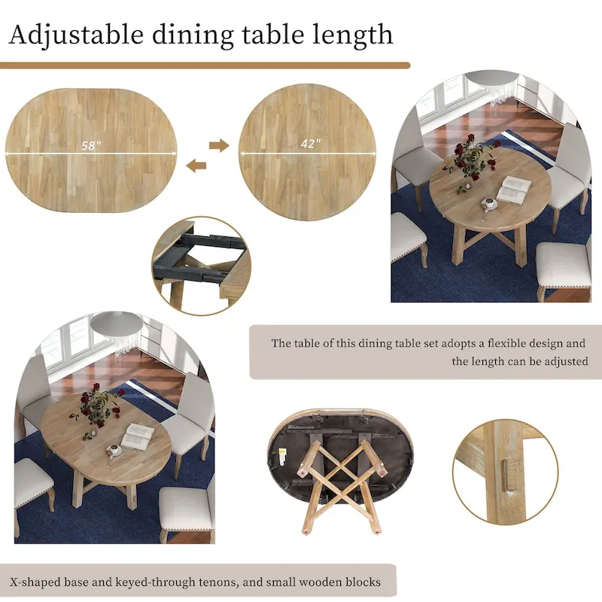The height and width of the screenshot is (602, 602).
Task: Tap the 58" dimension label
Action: [92, 146]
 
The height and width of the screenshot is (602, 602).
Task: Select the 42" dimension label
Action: [309, 144]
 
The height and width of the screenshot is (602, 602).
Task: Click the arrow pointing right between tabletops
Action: [219, 145]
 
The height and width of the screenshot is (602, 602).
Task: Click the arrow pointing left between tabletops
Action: [196, 166]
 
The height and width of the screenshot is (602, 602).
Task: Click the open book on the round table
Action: [513, 188]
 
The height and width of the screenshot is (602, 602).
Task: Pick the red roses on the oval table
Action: [96, 404]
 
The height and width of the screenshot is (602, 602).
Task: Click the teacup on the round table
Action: [489, 203]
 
